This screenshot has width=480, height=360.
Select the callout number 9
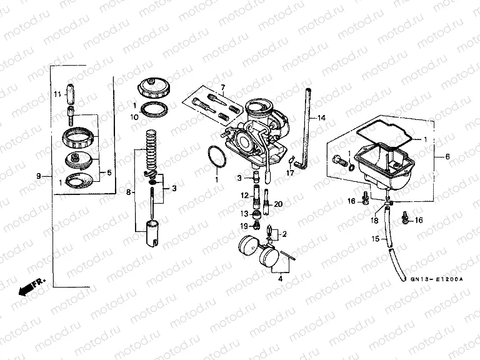point(39,176)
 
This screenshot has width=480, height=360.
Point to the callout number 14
point(321,117)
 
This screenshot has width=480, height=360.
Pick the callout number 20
point(278,204)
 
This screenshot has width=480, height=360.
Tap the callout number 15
point(375,239)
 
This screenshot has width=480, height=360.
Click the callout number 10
point(134,117)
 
